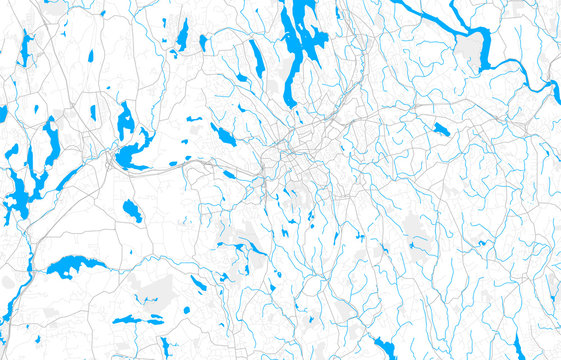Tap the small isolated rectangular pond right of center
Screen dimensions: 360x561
441,128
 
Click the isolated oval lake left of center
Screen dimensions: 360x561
132,210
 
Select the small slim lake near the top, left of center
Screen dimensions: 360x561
182,35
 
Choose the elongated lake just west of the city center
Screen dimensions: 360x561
223,135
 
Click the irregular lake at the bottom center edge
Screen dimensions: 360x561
384,346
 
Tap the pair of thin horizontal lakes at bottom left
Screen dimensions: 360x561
137,320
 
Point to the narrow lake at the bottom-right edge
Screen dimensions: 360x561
517,346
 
